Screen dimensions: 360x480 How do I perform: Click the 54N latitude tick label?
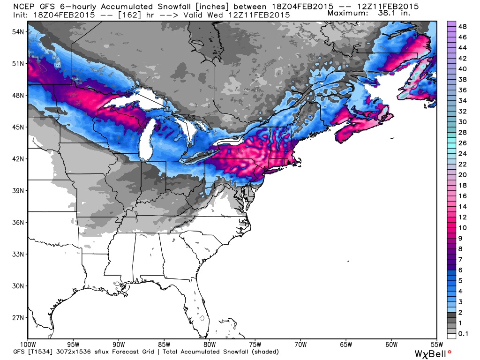click(17, 31)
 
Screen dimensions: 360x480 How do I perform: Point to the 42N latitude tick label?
click(17, 159)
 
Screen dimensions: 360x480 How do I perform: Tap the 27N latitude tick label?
click(17, 318)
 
